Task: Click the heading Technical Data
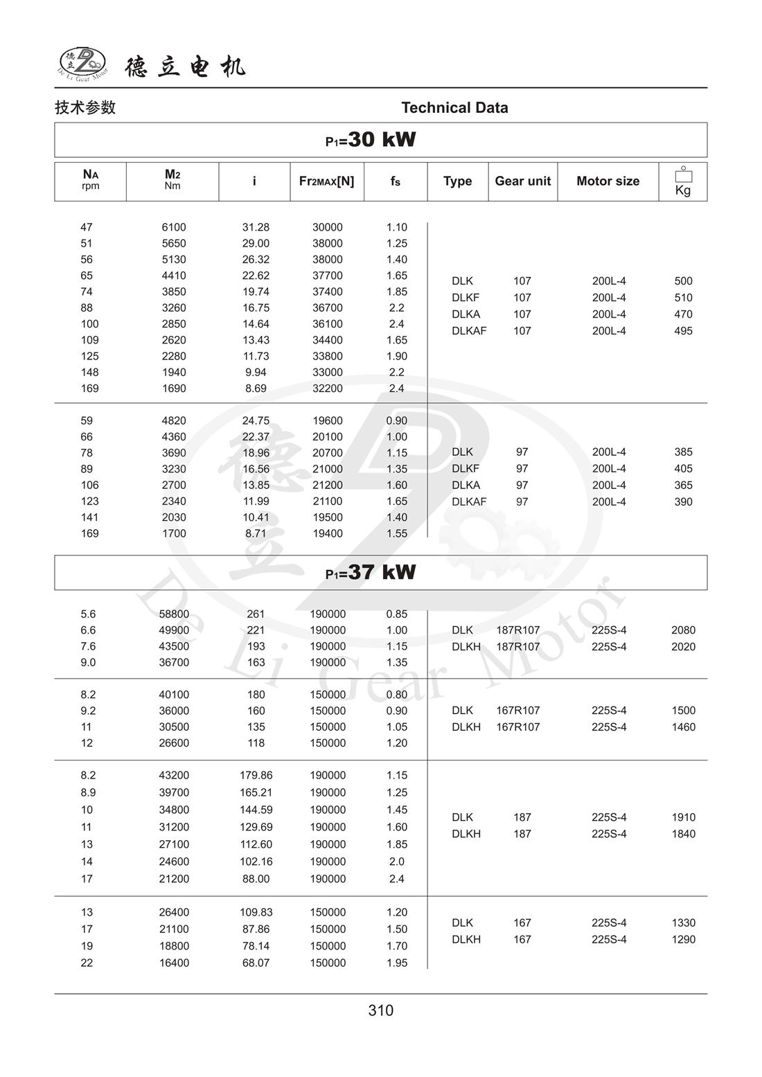454,107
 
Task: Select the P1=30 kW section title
371,140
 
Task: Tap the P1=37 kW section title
371,573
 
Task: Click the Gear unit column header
522,181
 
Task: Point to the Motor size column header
608,181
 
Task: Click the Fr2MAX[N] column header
326,181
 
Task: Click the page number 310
381,1011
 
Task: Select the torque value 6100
174,227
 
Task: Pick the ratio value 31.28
256,227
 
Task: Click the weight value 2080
683,630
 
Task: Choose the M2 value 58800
174,614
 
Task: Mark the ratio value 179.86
256,776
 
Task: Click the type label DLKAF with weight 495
469,331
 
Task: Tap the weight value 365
683,486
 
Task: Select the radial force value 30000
327,227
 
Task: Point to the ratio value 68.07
256,963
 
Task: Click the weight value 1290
683,940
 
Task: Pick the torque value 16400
174,963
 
